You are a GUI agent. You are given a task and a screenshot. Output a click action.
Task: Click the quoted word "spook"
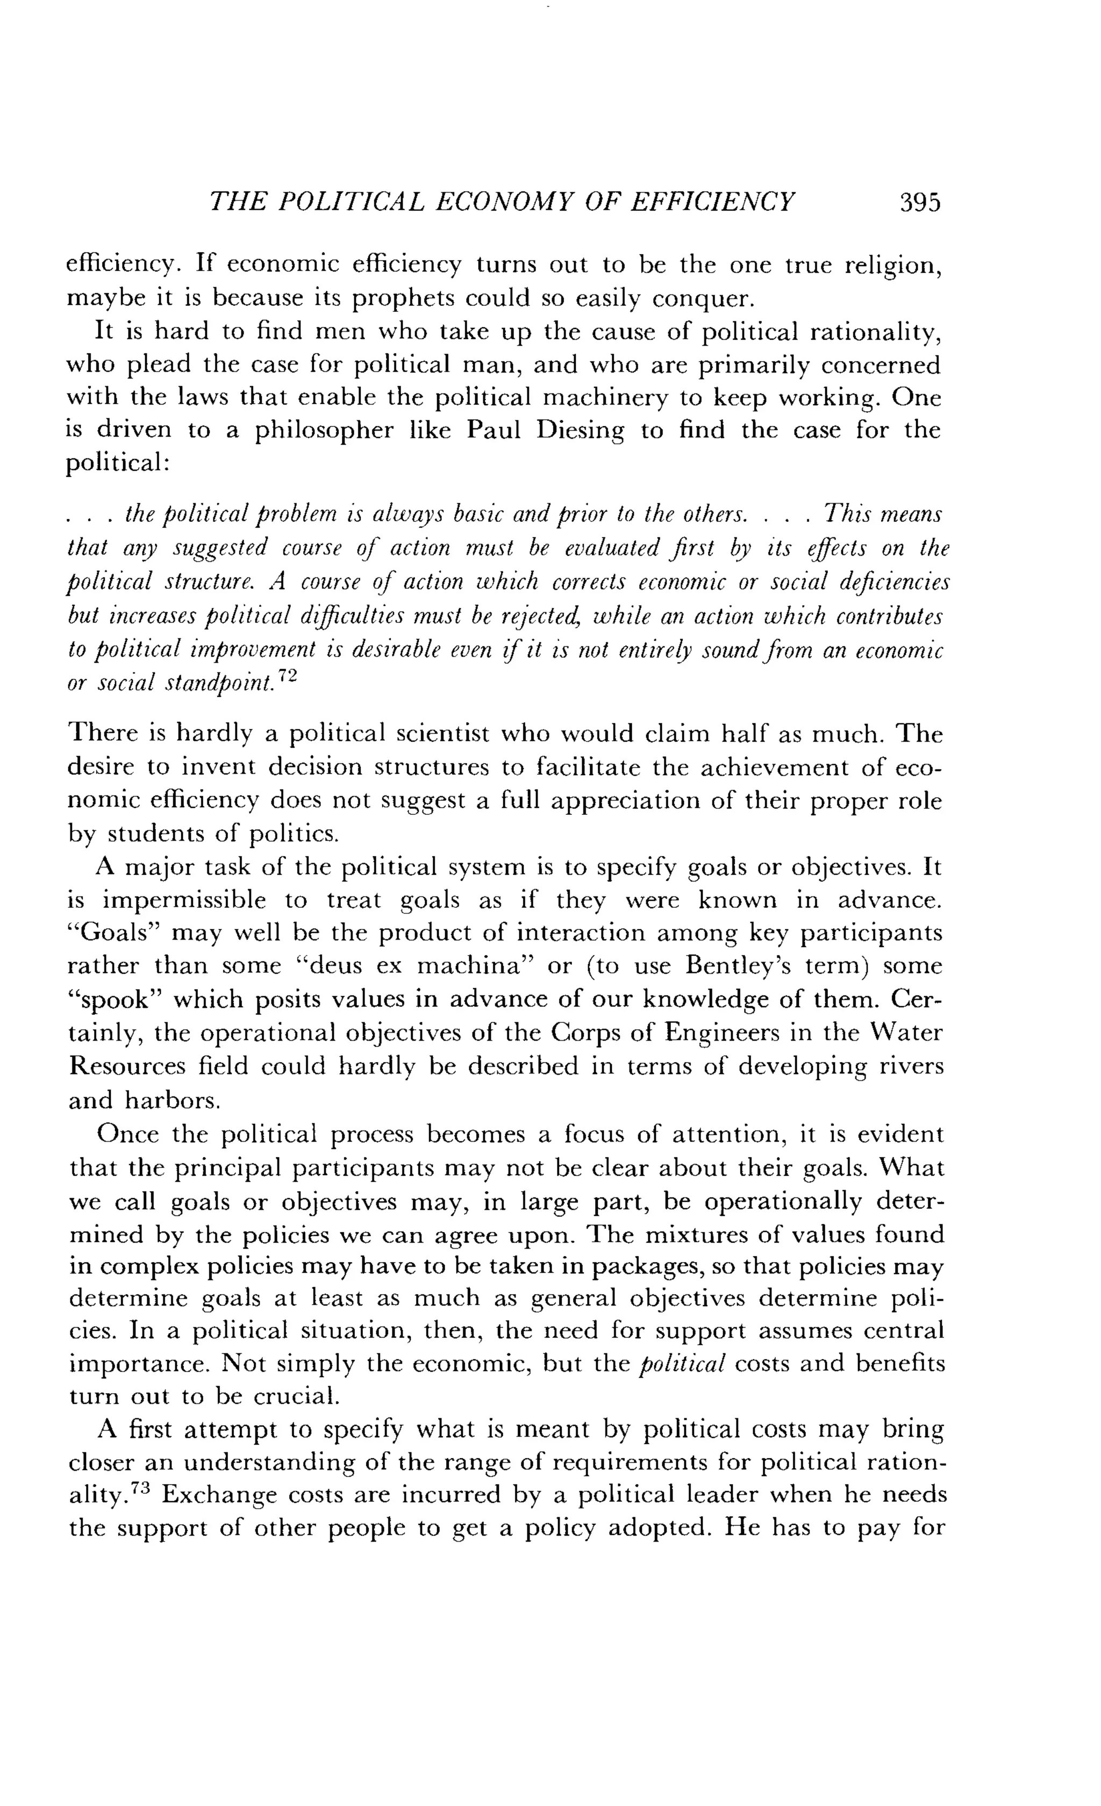[x=113, y=1000]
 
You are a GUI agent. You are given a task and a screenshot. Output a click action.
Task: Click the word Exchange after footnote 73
[x=216, y=1496]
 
